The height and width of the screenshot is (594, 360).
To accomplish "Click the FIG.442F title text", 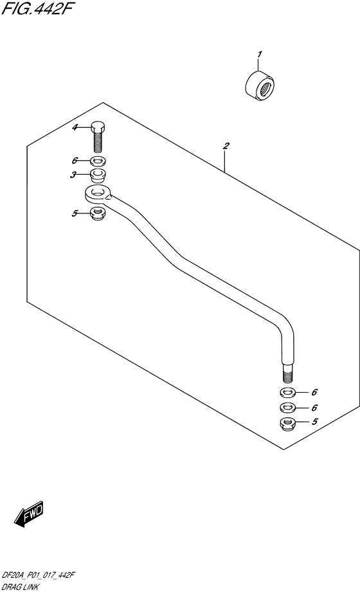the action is coord(37,8).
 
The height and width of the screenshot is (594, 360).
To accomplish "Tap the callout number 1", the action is coord(259,55).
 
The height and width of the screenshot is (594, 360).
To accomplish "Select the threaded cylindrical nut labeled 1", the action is coord(260,86).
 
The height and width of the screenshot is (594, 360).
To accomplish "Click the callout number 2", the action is coord(226,146).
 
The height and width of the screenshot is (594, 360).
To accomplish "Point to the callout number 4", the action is coord(75,127).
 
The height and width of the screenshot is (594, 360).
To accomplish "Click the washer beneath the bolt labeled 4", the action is coord(98,162).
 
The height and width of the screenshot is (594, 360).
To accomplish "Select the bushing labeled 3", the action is coord(98,175).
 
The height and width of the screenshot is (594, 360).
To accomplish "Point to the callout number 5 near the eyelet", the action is coord(75,213).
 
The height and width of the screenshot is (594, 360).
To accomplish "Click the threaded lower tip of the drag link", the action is coord(287,376).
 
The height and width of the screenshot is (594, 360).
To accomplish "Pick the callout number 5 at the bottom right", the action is coord(314,421).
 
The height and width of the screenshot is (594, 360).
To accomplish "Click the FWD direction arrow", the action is coord(29,516).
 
